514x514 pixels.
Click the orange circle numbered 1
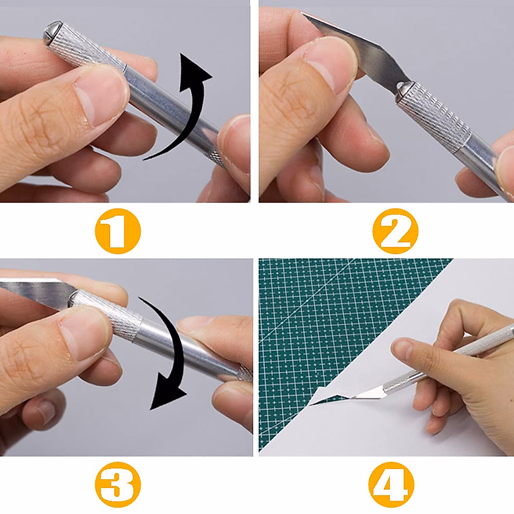[x=117, y=231]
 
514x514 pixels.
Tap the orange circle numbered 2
[x=394, y=231]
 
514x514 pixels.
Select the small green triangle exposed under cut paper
[x=328, y=400]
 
